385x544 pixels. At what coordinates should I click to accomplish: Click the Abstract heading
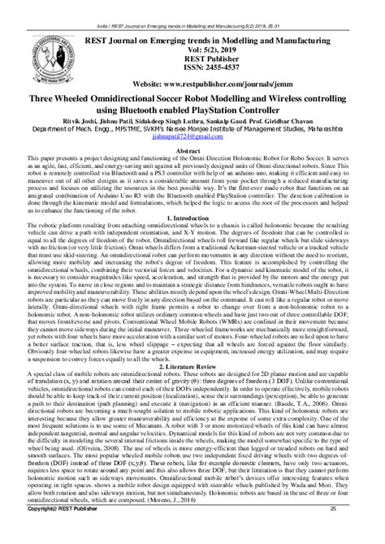tap(192, 151)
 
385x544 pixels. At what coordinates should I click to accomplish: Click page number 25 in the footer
tap(355, 532)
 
